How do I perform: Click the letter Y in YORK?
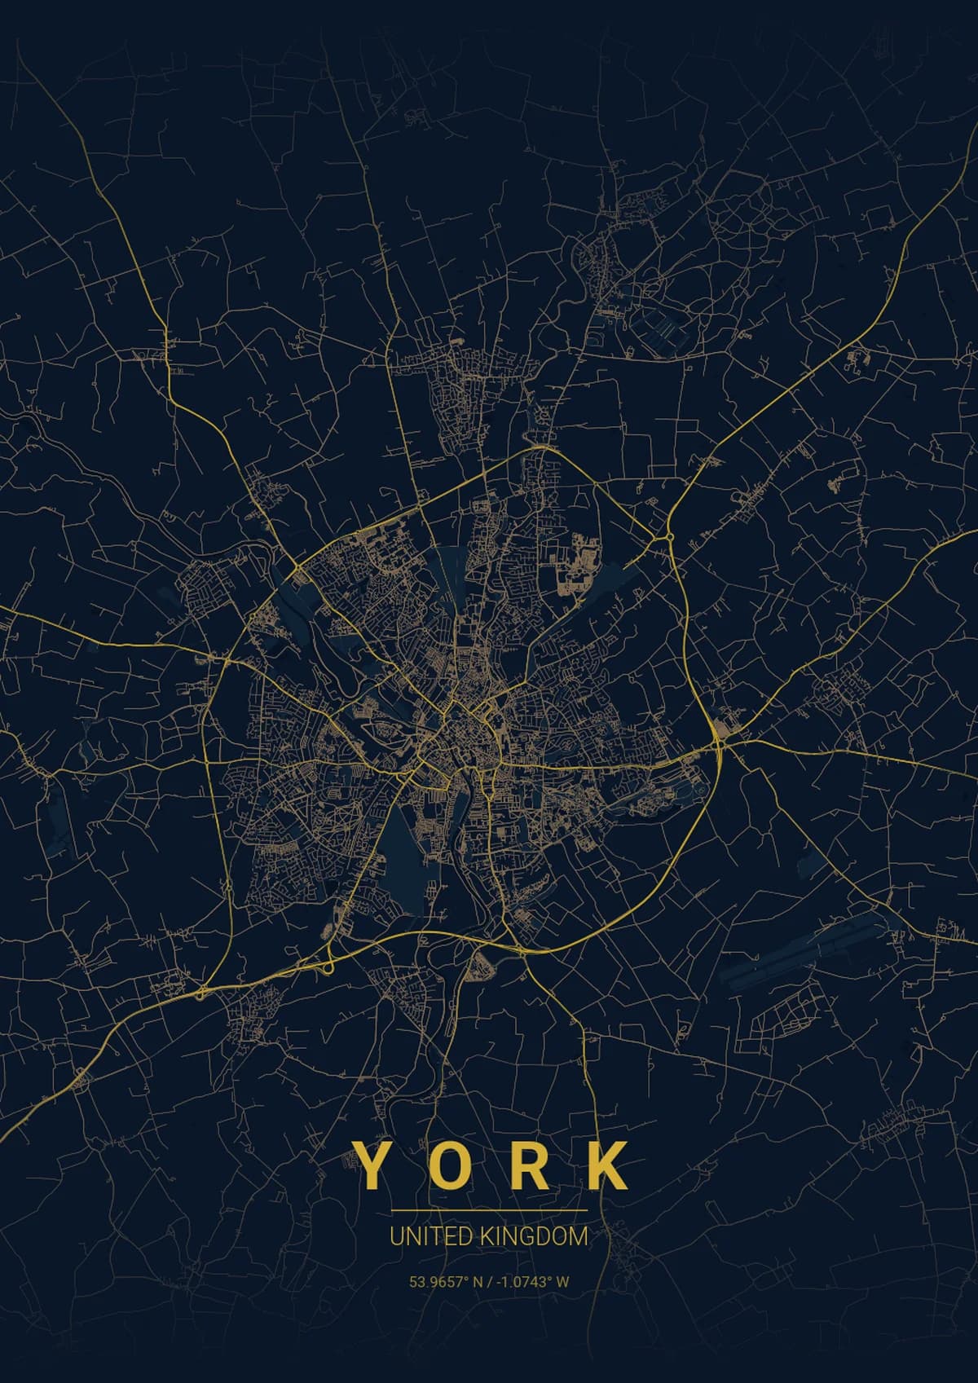367,1165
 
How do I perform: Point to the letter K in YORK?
610,1165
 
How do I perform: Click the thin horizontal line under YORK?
489,1210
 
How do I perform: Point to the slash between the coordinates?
487,1282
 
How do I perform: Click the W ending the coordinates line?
563,1282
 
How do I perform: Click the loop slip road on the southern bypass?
328,967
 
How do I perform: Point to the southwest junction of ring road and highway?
201,993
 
